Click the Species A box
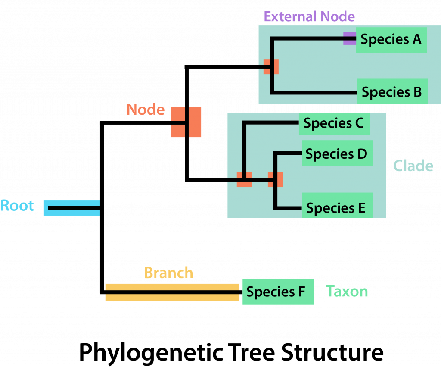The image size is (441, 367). pos(391,40)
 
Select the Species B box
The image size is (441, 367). pos(392,91)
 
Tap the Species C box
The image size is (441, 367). pos(334,124)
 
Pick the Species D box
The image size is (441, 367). pos(337,154)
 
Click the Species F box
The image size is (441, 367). pos(277,292)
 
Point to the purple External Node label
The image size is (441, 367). pos(309,17)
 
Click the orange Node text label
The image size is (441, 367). pos(146,110)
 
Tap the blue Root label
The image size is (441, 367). pos(17,206)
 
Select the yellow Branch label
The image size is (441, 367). pos(168,273)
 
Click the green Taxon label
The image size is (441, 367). pos(347,292)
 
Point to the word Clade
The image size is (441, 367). pos(413,166)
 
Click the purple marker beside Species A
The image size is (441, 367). pos(349,38)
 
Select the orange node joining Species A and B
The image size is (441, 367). pos(271,66)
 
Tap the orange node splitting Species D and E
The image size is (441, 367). pos(275,179)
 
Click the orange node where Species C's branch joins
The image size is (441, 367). pos(244,179)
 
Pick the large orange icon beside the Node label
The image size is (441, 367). pos(186,122)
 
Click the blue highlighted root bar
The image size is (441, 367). pos(71,208)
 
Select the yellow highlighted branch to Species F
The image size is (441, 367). pos(172,292)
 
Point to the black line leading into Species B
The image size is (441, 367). pos(314,92)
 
